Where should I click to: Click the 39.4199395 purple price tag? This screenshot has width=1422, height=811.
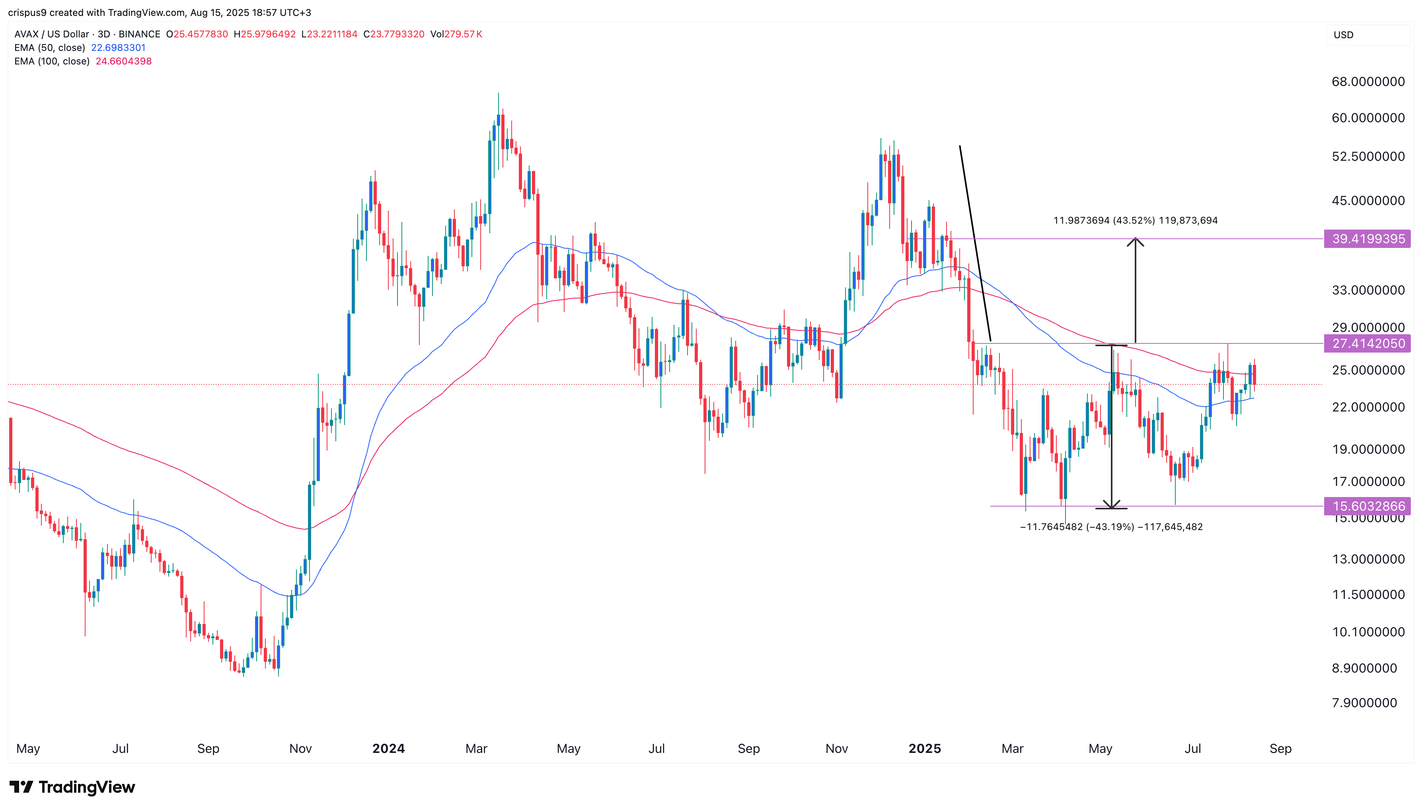point(1367,239)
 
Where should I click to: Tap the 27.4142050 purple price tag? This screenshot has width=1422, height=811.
point(1367,344)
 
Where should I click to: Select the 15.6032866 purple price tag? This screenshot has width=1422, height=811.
point(1367,506)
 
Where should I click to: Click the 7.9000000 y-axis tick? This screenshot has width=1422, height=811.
point(1364,703)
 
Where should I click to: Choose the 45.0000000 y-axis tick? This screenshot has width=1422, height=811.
point(1367,201)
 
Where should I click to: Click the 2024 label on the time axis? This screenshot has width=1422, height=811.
point(388,749)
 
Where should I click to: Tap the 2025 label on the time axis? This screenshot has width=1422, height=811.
point(924,749)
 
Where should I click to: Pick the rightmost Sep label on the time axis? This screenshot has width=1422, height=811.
point(1280,749)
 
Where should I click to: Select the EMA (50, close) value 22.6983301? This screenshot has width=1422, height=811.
point(118,48)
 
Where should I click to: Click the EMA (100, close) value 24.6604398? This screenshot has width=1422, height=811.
point(124,61)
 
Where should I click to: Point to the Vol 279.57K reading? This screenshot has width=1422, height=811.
point(456,34)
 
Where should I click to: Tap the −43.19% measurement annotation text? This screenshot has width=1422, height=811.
point(1111,527)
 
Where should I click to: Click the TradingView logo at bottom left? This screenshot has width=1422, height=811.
point(72,787)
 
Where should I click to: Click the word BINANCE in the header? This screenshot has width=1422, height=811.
point(139,34)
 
